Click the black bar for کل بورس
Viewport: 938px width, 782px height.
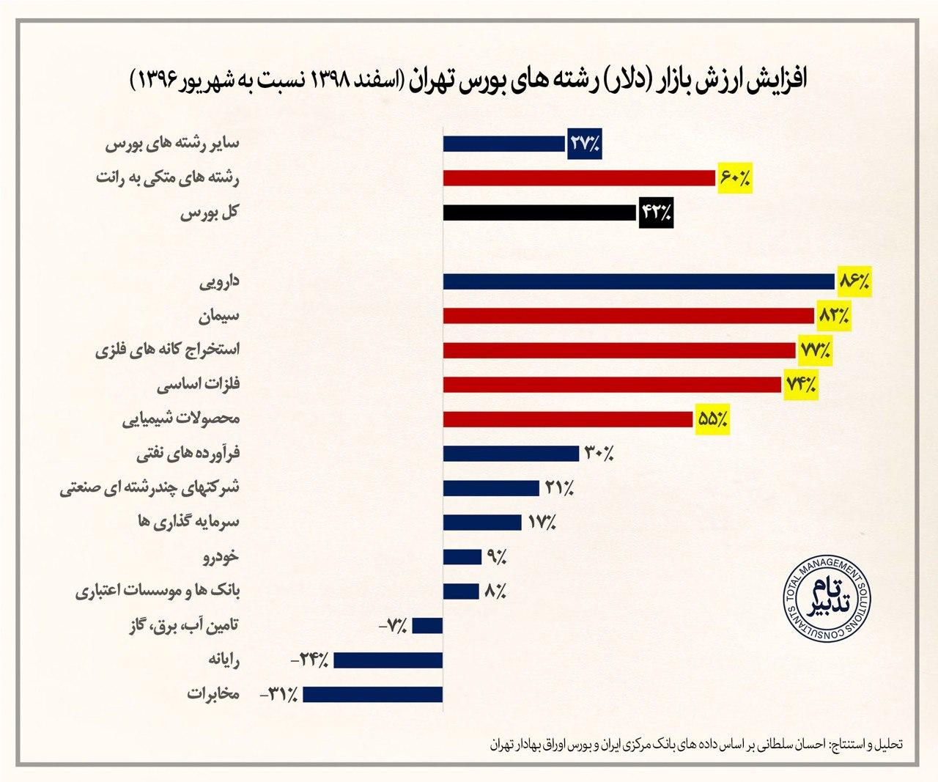(x=539, y=213)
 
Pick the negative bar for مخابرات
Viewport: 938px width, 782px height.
(x=373, y=694)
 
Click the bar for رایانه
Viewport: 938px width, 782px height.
(x=388, y=660)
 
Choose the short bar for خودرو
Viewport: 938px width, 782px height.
(x=461, y=557)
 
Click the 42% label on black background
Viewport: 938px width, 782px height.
(x=656, y=213)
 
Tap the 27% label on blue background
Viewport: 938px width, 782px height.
(x=584, y=144)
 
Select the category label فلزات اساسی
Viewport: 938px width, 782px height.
(x=200, y=385)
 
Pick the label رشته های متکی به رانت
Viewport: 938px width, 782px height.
(x=168, y=178)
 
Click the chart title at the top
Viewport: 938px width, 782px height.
(x=469, y=80)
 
